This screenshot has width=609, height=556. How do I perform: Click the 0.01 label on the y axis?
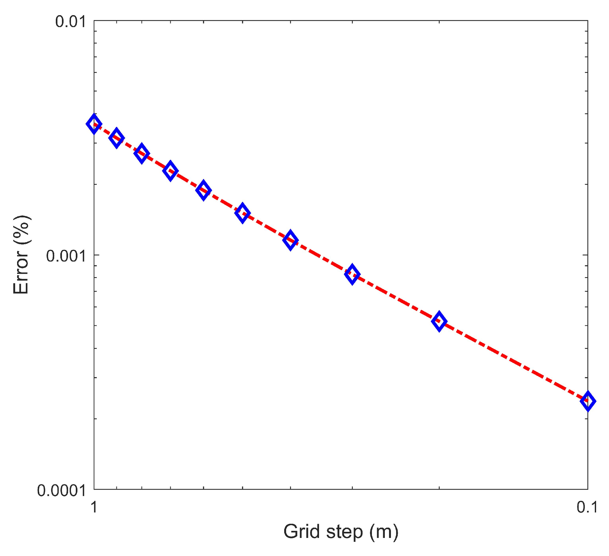coord(70,22)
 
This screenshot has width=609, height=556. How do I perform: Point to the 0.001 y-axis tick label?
coord(66,256)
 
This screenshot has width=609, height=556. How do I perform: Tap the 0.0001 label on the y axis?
coord(61,491)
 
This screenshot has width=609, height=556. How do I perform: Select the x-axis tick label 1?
coord(94,507)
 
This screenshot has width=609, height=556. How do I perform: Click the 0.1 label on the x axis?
coord(587,507)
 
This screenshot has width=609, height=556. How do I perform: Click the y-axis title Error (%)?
coord(21,255)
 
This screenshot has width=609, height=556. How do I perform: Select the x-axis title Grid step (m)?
coord(341,532)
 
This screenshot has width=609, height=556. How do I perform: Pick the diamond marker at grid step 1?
coord(94,124)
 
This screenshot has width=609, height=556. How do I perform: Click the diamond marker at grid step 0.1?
coord(588,402)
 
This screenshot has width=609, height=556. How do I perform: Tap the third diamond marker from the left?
coord(142,153)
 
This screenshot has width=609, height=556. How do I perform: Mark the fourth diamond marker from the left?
coord(170,171)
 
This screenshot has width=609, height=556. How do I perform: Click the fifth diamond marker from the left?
coord(204,190)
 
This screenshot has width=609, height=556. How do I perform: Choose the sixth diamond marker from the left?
coord(242,213)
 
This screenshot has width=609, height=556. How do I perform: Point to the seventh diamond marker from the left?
coord(290,240)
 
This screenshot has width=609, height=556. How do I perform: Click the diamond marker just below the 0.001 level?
coord(352,274)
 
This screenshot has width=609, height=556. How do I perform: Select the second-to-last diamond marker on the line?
coord(439,321)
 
